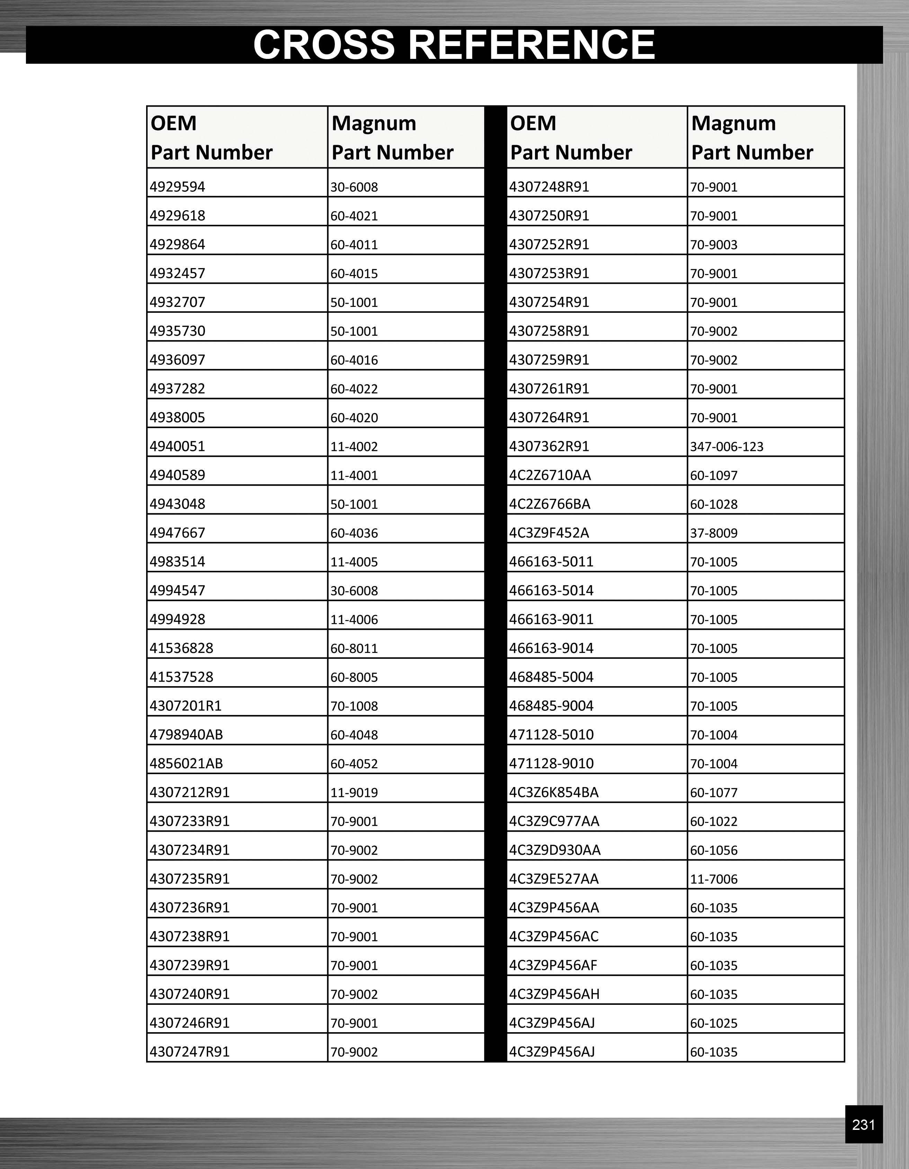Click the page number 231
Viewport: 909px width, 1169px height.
coord(863,1125)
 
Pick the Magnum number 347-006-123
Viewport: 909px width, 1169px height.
coord(727,446)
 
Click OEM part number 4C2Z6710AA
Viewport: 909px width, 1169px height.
coord(550,475)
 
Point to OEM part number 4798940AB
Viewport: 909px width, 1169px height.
coord(186,734)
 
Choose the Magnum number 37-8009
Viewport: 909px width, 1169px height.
coord(714,533)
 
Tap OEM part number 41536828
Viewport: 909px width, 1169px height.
coord(181,648)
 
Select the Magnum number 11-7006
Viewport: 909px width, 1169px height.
coord(714,879)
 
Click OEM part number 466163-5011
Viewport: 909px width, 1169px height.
coord(551,561)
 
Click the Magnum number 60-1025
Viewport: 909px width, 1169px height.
coord(714,1023)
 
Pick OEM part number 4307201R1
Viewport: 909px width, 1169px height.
coord(186,706)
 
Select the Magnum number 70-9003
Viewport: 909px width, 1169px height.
coord(714,245)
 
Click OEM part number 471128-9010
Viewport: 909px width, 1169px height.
coord(551,763)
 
